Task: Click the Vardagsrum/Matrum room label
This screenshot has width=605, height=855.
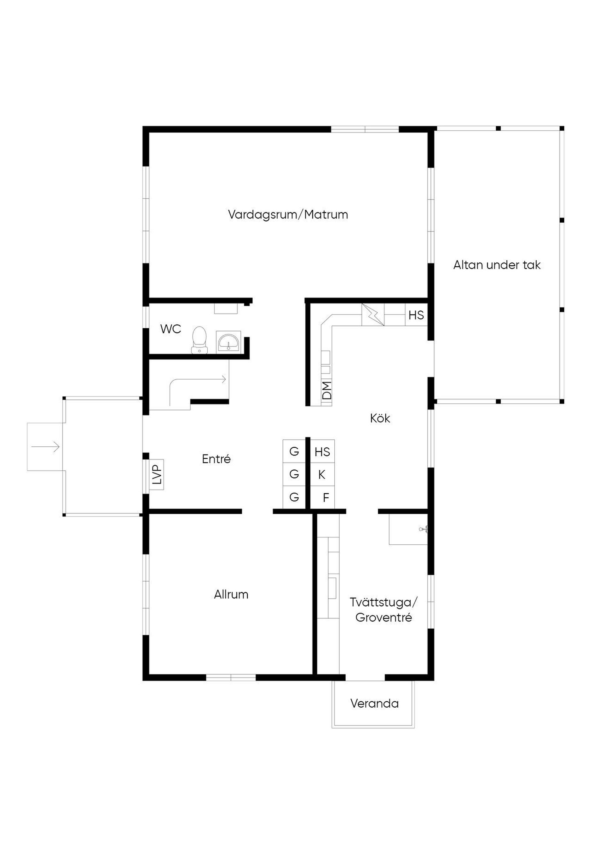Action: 288,215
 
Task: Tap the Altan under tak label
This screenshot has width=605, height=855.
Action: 497,265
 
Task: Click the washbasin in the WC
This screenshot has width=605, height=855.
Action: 228,342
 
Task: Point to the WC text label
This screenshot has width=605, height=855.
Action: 171,329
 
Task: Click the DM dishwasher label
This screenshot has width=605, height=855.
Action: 326,390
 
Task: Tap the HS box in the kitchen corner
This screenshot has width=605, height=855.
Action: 416,315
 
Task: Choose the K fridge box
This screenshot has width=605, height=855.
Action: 322,474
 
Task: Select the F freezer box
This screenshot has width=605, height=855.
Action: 323,497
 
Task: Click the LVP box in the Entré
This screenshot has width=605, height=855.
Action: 157,474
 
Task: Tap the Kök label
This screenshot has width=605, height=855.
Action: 380,419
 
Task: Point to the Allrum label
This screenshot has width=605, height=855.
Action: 231,594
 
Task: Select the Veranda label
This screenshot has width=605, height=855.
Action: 374,704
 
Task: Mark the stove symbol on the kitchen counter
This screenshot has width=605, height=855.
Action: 373,315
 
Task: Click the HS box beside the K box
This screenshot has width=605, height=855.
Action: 322,452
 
